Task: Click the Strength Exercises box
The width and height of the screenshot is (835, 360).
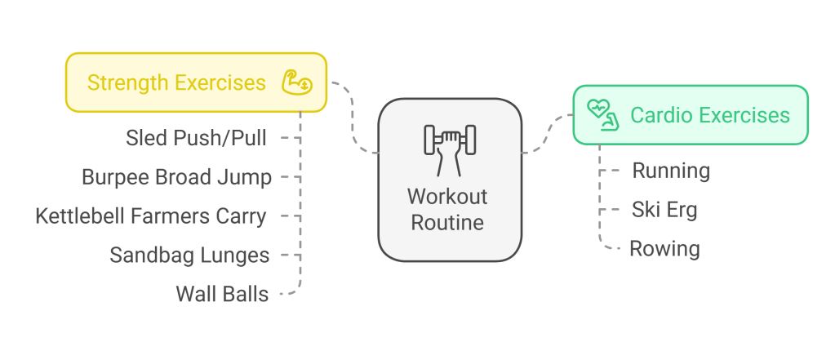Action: [x=196, y=82]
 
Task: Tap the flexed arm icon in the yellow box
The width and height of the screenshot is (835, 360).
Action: [x=294, y=82]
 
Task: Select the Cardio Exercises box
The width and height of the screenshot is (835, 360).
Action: [x=690, y=115]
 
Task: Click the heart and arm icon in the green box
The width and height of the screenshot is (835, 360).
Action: [x=603, y=115]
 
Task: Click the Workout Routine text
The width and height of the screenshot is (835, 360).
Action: [x=447, y=209]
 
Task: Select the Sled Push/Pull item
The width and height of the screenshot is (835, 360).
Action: [x=196, y=137]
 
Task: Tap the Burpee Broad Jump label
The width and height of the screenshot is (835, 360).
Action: [x=176, y=176]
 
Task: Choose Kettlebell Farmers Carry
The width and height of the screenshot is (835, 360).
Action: [x=151, y=216]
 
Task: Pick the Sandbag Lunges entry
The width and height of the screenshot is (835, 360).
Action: [x=189, y=255]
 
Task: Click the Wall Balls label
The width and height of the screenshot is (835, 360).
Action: [x=222, y=293]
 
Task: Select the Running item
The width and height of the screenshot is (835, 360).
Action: [x=671, y=171]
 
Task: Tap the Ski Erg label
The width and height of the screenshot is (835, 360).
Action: [x=664, y=210]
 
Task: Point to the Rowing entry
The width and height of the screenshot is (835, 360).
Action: [x=664, y=248]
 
